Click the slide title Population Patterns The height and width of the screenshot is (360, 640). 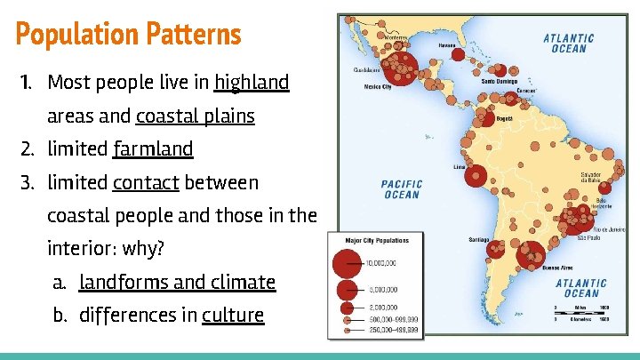point(128,35)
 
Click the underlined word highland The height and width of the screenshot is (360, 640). point(252,83)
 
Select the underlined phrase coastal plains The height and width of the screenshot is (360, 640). point(196,116)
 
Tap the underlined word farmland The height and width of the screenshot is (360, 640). point(153,148)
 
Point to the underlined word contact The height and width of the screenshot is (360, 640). point(146,182)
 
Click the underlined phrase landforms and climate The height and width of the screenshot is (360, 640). point(177,282)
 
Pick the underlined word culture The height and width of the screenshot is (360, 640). point(233,315)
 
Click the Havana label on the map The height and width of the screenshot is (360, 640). point(447,44)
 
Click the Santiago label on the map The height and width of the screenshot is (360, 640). point(480,239)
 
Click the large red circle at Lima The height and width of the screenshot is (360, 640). point(476,177)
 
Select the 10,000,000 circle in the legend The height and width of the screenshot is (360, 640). point(346,263)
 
